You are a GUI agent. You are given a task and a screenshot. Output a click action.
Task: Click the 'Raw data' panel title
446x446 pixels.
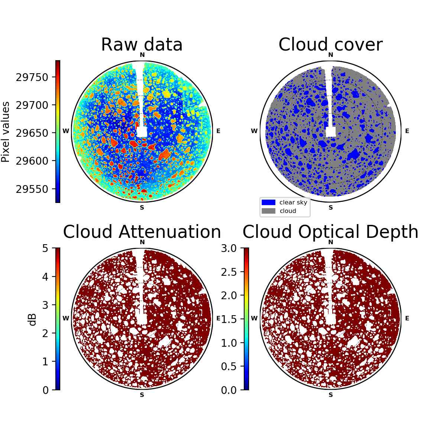point(142,45)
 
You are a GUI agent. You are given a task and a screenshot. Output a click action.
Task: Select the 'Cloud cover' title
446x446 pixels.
point(330,45)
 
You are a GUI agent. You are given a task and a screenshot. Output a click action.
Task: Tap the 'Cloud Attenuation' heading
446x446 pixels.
point(142,232)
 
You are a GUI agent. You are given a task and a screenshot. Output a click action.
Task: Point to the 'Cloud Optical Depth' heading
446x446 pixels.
point(330,232)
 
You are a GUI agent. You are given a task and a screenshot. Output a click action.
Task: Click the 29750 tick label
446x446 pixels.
point(32,77)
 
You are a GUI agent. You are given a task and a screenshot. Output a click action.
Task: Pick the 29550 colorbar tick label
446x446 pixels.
point(32,189)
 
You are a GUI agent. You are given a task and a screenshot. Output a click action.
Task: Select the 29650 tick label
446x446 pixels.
point(32,133)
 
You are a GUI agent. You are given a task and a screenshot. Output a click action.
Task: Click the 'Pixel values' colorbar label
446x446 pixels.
point(5,132)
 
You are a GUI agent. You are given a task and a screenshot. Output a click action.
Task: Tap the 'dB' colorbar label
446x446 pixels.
point(32,320)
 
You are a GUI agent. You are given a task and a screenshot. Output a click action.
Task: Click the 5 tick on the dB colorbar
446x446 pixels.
point(45,249)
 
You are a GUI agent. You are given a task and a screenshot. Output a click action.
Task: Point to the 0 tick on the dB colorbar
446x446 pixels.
point(45,391)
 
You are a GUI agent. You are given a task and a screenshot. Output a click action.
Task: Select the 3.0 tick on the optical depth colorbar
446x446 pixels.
point(229,249)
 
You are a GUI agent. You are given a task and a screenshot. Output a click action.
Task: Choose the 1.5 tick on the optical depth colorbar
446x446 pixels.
point(229,319)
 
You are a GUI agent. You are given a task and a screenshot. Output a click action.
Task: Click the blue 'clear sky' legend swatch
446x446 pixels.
point(268,203)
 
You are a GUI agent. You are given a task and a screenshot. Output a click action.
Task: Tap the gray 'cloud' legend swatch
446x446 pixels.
point(268,211)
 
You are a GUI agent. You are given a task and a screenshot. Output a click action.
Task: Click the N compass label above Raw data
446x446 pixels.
point(142,55)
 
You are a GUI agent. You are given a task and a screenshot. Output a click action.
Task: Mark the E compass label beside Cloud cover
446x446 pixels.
point(407,131)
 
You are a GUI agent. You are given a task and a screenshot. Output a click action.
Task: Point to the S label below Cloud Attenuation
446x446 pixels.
point(142,395)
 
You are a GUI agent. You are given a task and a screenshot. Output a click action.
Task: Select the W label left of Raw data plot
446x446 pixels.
point(66,131)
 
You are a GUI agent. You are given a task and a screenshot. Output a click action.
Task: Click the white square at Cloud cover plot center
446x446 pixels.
point(331,132)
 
